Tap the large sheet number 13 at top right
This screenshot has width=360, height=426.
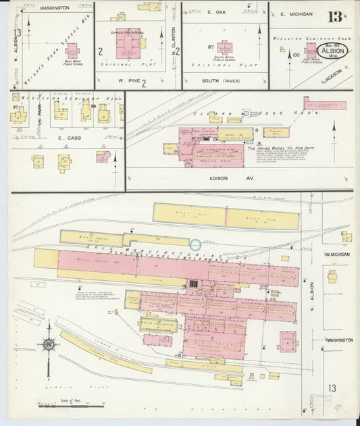pyautogui.click(x=335, y=18)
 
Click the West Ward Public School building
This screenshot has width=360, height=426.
pyautogui.click(x=72, y=51)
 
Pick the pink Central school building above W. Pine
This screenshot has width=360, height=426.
pyautogui.click(x=127, y=43)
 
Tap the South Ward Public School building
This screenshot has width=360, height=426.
pyautogui.click(x=224, y=49)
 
